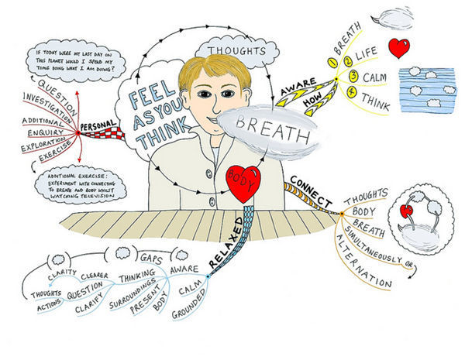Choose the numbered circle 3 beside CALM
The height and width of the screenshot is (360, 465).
coord(353,77)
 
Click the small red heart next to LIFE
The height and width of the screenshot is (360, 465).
coord(400,48)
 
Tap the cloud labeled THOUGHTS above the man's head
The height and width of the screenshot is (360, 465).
coord(239,51)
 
